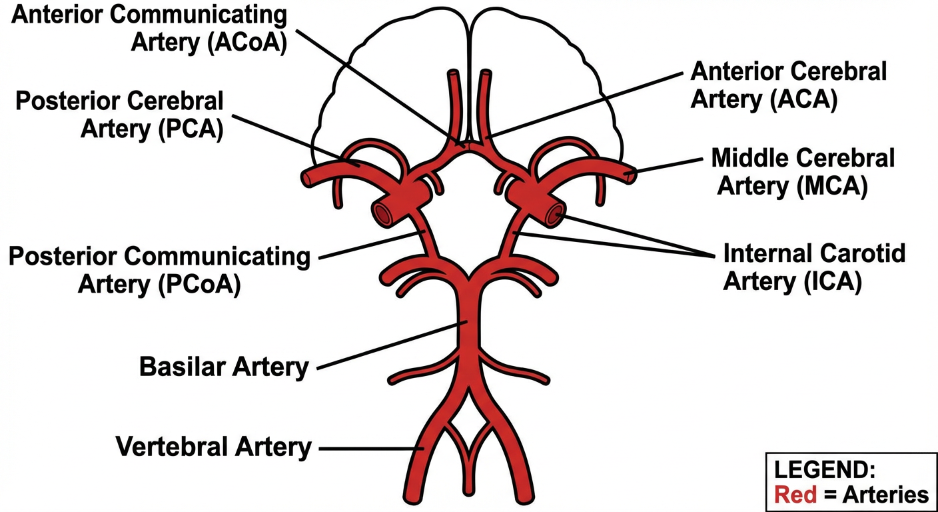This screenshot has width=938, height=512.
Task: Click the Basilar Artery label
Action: pos(224,366)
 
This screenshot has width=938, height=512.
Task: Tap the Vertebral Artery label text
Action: pos(214,446)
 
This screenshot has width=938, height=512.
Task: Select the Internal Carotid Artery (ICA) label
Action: pos(814,267)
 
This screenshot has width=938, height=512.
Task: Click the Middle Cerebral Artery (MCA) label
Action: pos(803,172)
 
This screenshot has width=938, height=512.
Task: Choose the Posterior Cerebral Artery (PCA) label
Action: pos(119,114)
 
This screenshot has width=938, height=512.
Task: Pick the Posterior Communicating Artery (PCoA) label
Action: pos(159,270)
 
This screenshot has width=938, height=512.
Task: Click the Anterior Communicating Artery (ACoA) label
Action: pos(150,27)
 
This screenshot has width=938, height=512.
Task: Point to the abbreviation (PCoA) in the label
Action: pos(199,283)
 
